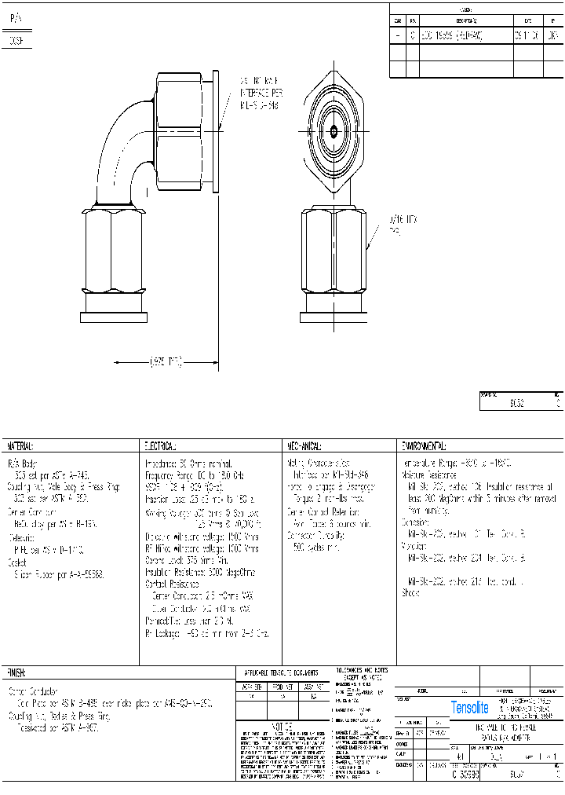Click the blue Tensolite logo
coord(469,708)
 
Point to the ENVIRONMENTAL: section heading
coord(424,445)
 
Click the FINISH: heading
coord(17,673)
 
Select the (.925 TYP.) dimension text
coord(165,362)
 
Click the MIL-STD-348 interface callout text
coord(259,93)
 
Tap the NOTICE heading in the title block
coord(282,727)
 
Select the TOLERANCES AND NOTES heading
coord(361,673)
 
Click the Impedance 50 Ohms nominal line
coord(188,465)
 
